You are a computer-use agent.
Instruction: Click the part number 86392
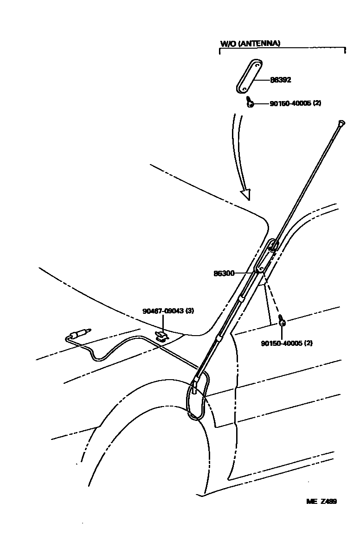coord(280,80)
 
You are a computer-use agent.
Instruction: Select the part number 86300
coord(224,273)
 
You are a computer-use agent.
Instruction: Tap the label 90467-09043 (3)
coord(168,311)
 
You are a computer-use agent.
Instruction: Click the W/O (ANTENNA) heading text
coord(250,44)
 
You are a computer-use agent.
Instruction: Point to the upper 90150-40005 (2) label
coord(295,103)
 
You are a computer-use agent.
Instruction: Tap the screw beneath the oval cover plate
coord(250,102)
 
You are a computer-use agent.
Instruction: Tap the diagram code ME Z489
coord(321,501)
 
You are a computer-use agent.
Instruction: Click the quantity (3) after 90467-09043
coord(190,311)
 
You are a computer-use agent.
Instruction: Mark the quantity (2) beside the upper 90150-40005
coord(317,103)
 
